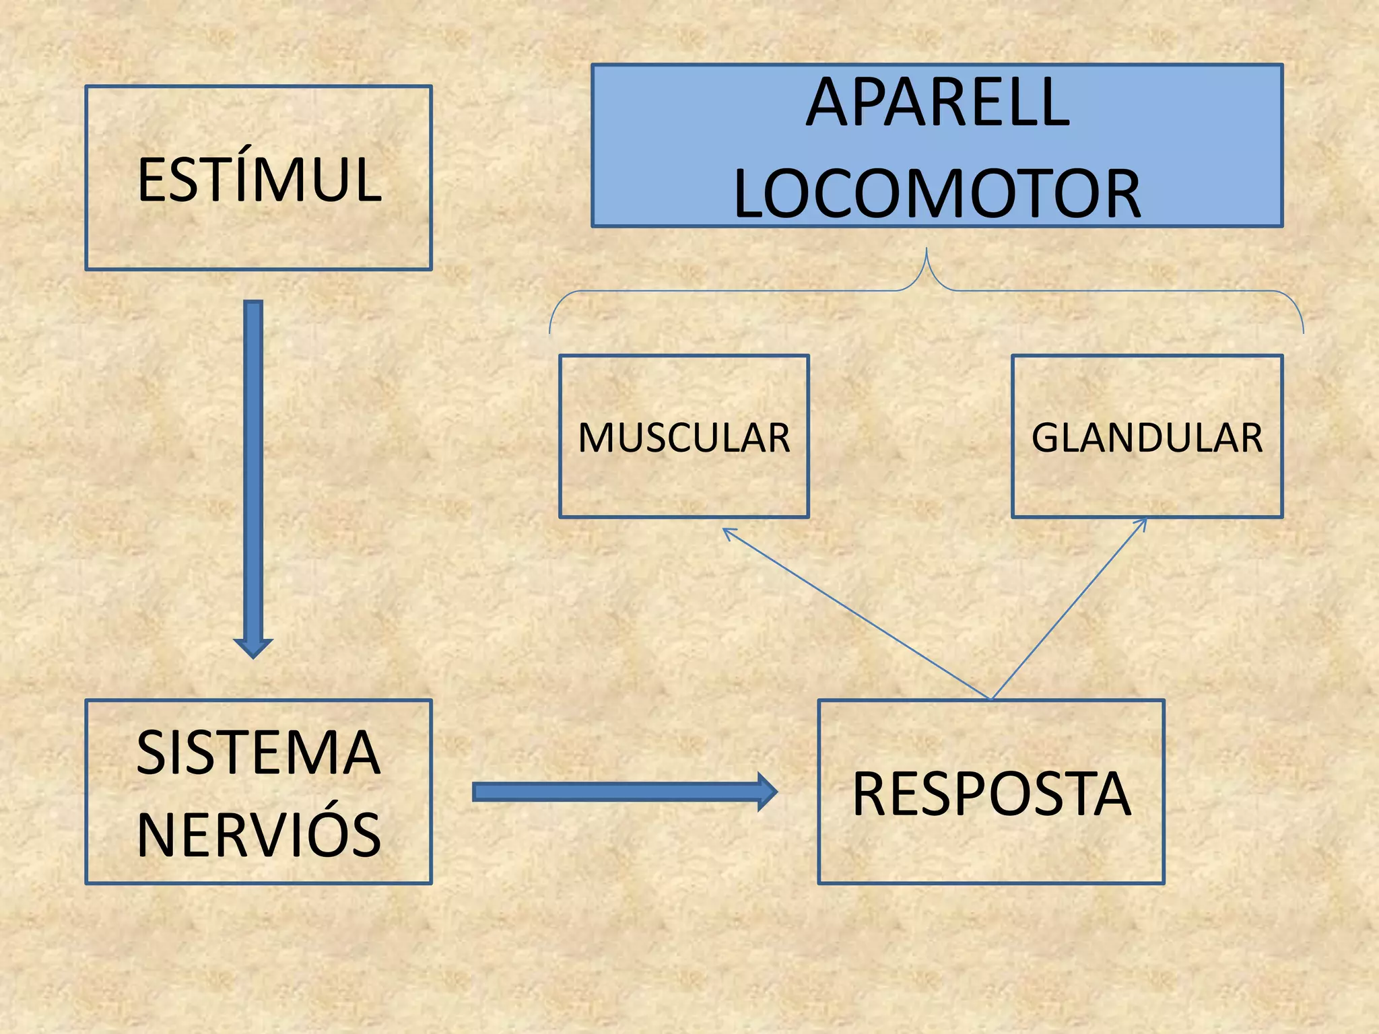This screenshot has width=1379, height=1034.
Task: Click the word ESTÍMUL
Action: coord(259,179)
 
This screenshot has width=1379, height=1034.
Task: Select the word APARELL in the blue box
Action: coord(937,102)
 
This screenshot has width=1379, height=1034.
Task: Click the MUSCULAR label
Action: coord(683,438)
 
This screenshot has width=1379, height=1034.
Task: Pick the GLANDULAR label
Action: coord(1147,438)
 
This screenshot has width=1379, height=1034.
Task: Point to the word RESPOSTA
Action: coord(991,794)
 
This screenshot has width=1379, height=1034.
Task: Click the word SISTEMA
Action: coord(259,752)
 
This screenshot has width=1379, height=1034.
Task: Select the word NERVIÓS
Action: coord(259,835)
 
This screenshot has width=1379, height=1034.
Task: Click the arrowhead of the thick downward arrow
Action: coord(253,647)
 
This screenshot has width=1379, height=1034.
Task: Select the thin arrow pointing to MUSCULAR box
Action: coord(855,613)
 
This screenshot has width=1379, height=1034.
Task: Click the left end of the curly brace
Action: coord(550,330)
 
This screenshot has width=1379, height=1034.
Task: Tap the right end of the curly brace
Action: coord(1303,330)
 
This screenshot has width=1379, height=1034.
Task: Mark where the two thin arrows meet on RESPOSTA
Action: coord(991,699)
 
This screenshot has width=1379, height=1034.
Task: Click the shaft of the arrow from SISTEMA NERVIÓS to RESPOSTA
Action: coord(613,792)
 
